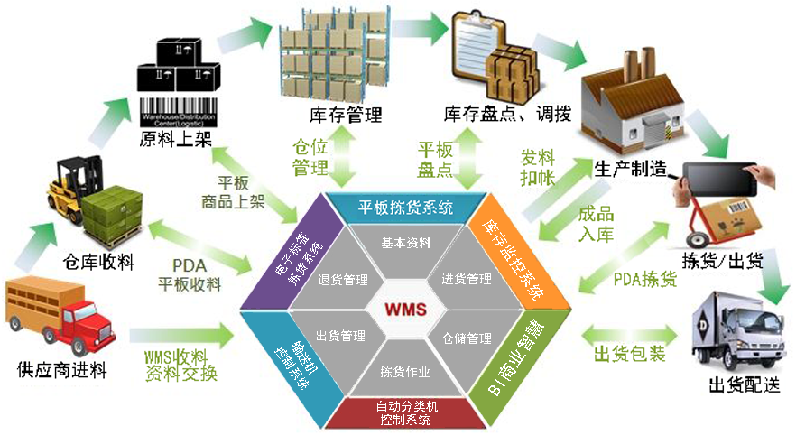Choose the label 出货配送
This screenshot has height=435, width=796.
pyautogui.click(x=745, y=386)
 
